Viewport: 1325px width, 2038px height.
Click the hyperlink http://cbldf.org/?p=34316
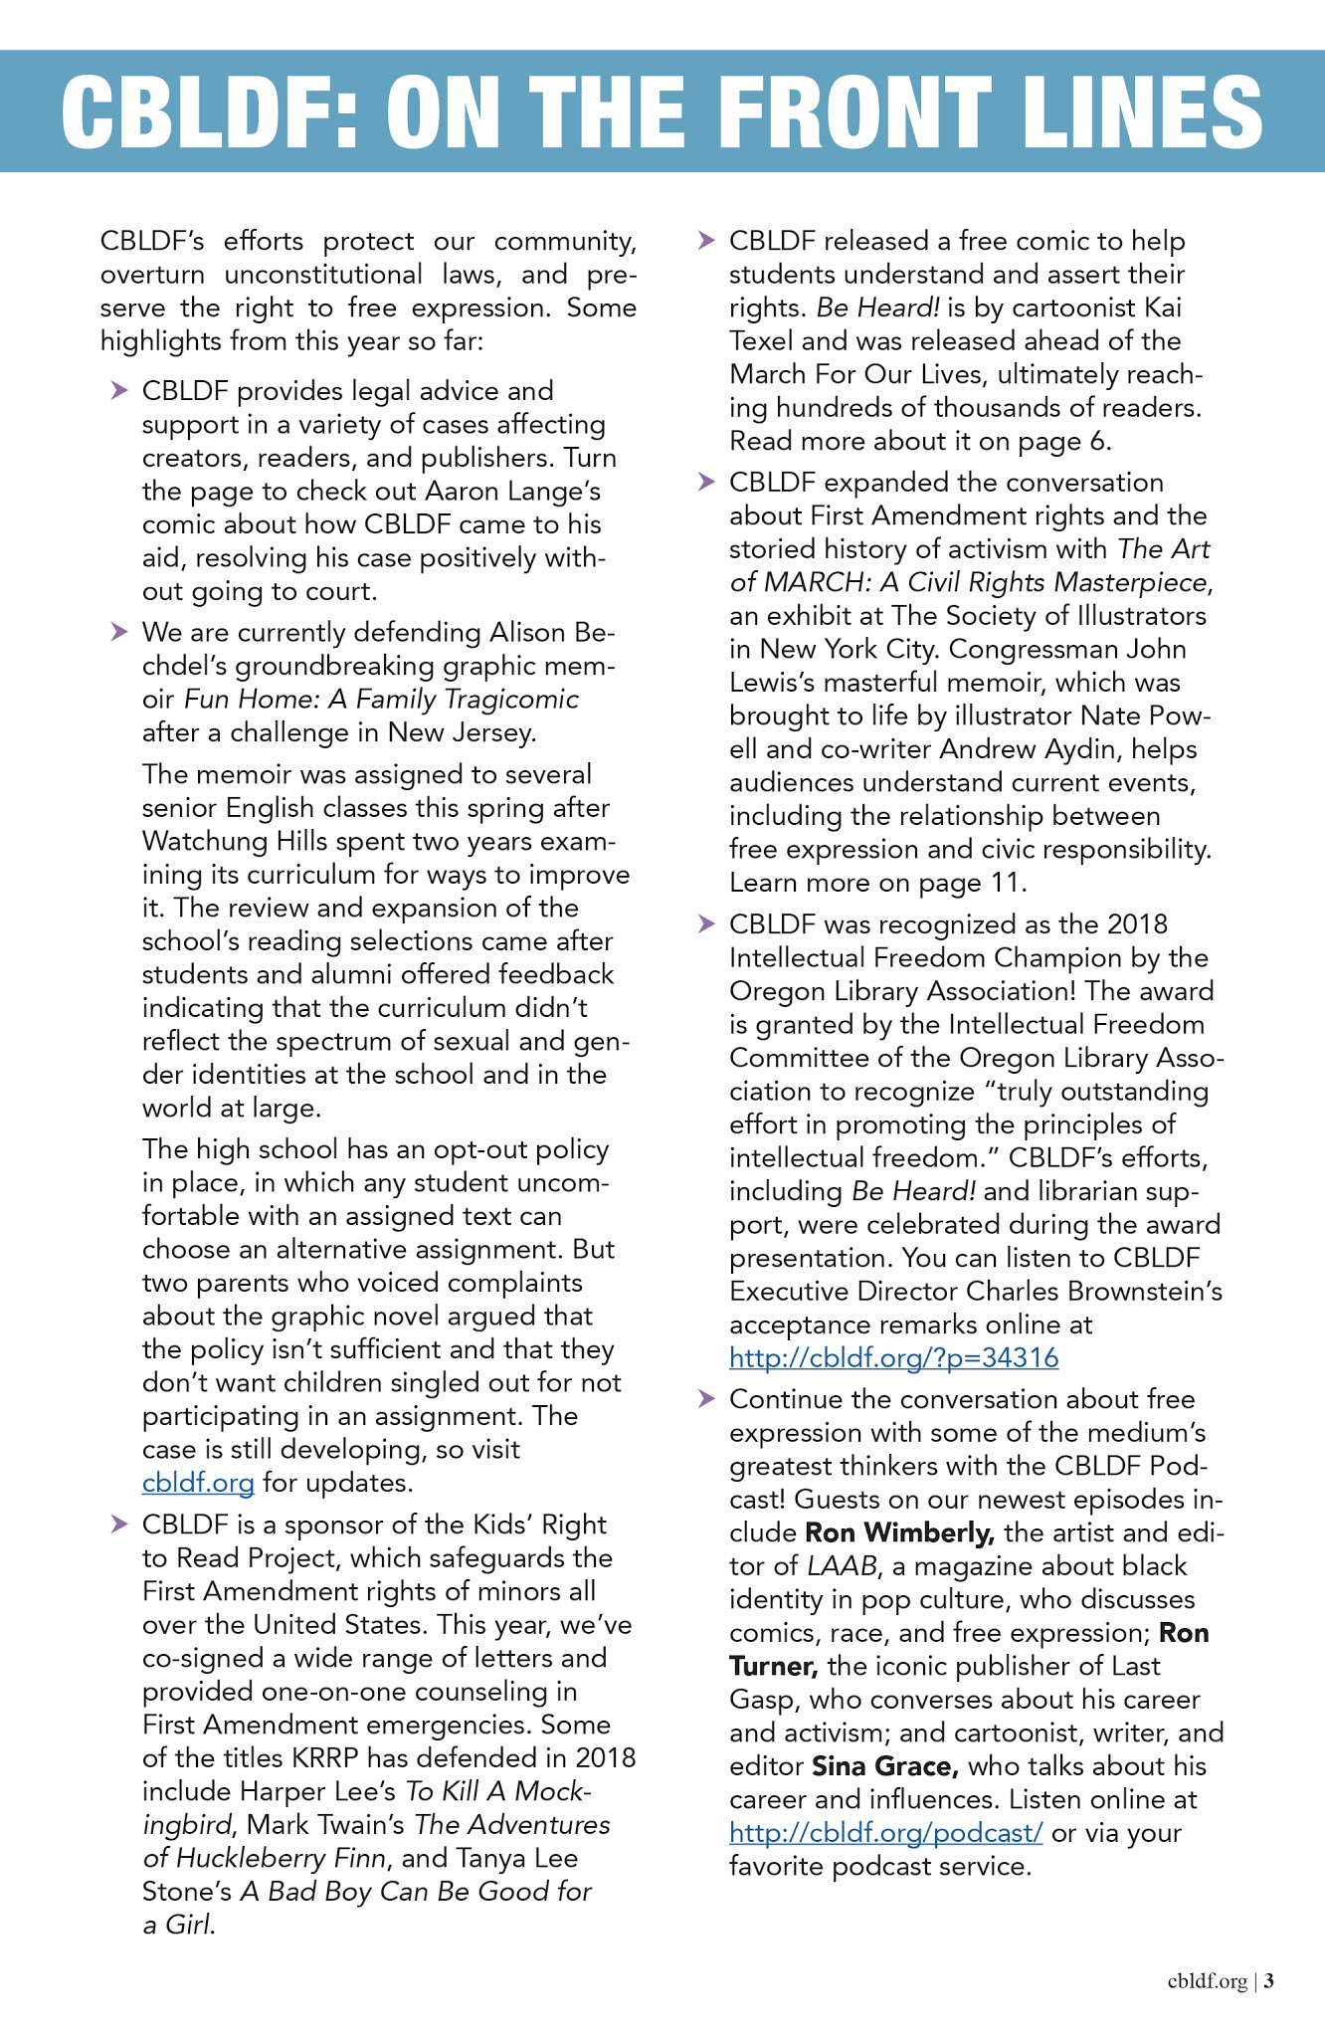tap(893, 1357)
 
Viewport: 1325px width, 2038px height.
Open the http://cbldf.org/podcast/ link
tap(885, 1832)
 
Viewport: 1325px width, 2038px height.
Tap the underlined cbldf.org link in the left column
tap(198, 1483)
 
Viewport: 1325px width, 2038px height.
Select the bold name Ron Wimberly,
tap(899, 1532)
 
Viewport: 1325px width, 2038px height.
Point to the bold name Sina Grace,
tap(885, 1766)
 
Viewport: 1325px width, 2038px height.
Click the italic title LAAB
tap(842, 1566)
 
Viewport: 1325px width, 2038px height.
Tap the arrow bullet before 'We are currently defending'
tap(119, 631)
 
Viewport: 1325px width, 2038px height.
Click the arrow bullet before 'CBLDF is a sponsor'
tap(119, 1524)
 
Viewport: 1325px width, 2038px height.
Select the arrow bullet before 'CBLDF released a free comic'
tap(706, 240)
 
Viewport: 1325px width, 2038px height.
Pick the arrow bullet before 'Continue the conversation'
tap(706, 1398)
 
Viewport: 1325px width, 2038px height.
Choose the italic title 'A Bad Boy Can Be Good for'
tap(416, 1891)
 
